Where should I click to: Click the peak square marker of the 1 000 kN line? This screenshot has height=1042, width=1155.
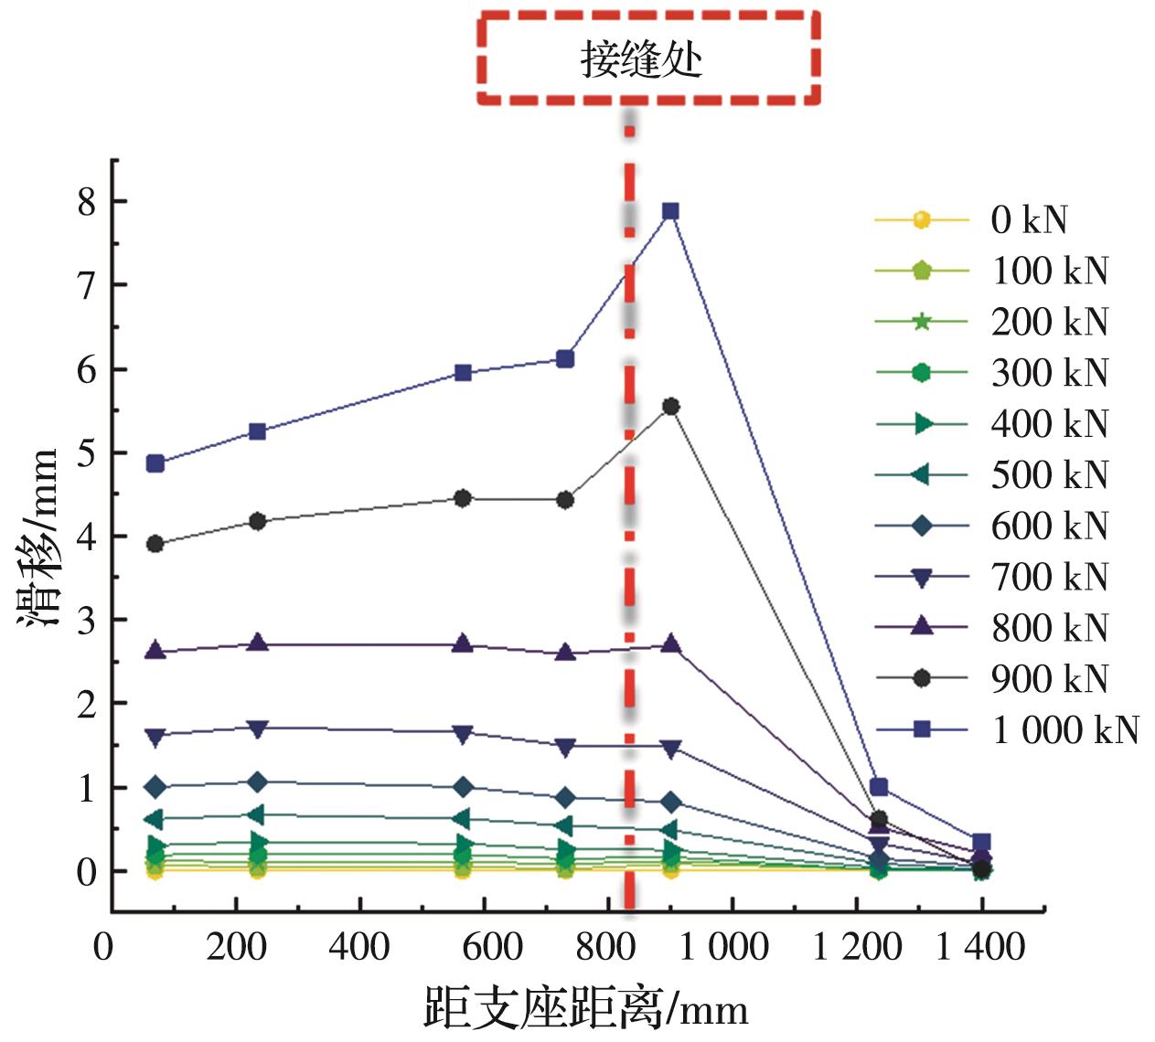(x=670, y=211)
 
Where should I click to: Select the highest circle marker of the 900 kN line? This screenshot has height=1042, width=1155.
(x=670, y=407)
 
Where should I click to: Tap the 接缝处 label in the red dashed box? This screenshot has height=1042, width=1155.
(x=641, y=60)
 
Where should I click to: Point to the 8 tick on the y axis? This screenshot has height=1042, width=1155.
(x=88, y=202)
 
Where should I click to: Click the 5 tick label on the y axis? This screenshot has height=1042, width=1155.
(x=88, y=453)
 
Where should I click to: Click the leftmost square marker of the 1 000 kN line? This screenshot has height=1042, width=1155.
(x=155, y=463)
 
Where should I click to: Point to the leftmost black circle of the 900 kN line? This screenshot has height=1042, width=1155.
(x=155, y=544)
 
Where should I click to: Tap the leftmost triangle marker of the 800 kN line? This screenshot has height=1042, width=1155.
(x=155, y=651)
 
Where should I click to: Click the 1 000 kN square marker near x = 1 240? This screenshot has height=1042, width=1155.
(x=879, y=787)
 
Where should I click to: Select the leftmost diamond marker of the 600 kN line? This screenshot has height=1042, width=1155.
(x=155, y=786)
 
